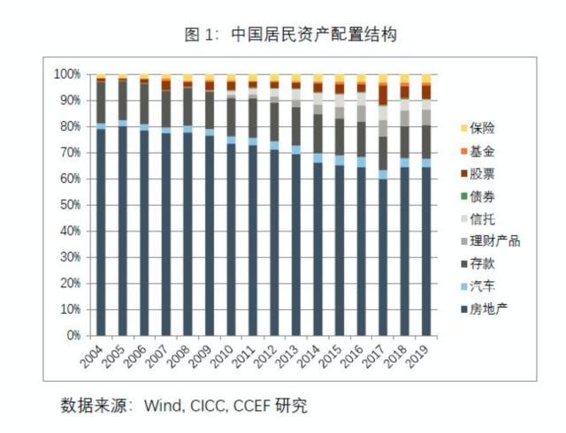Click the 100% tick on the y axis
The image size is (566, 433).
[66, 74]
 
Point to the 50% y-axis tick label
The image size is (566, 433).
[69, 205]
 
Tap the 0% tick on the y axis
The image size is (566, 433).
[73, 336]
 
